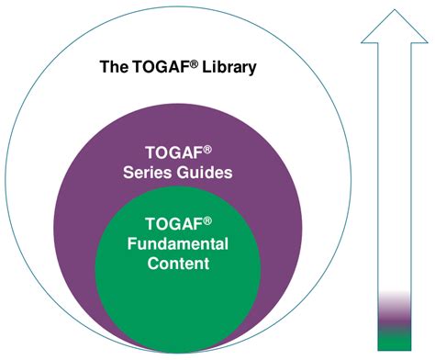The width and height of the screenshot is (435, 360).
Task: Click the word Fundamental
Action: point(176,243)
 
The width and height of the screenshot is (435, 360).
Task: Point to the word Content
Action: point(176,264)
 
